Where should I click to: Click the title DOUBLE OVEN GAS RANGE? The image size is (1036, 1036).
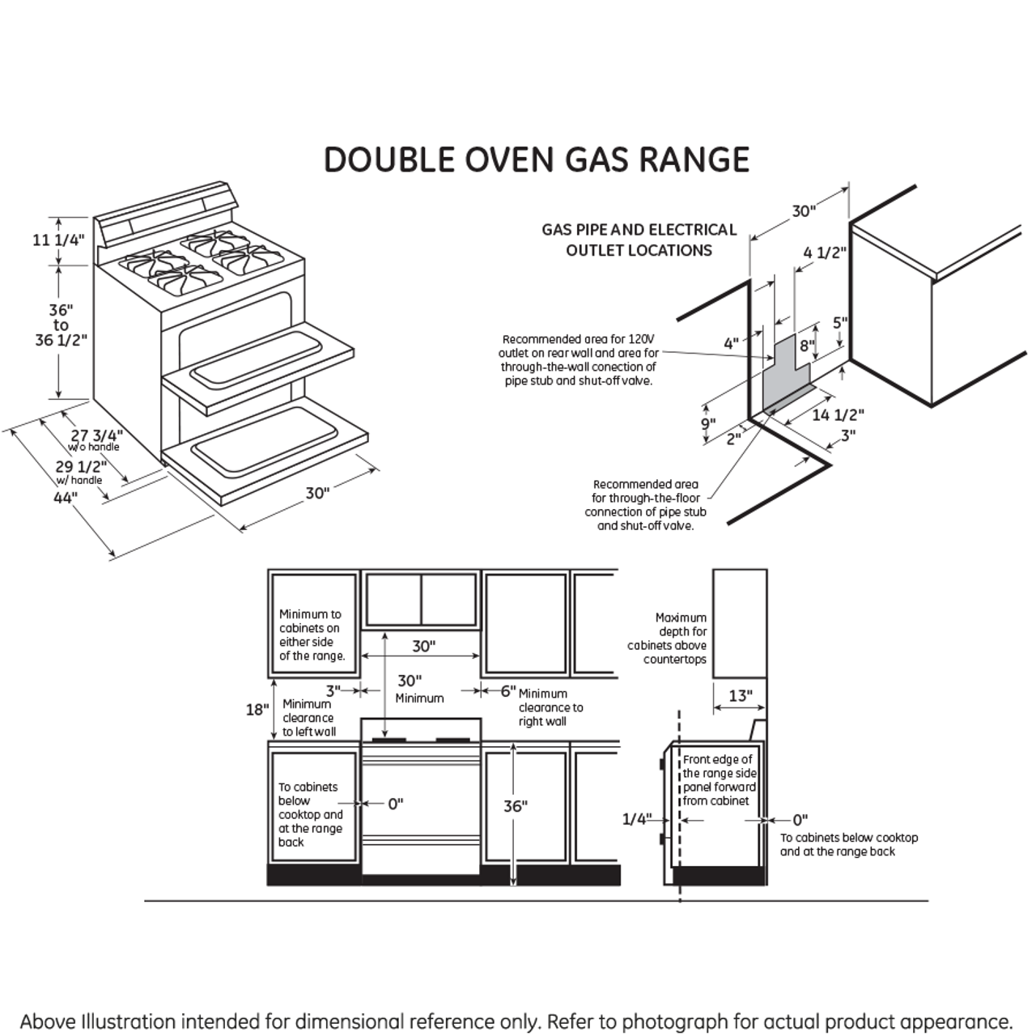(536, 159)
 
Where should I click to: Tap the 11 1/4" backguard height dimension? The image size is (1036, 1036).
(58, 240)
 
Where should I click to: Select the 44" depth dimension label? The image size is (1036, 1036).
(65, 498)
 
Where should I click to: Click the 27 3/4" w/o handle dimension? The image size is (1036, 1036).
(96, 436)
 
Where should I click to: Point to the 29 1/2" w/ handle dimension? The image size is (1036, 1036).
(81, 467)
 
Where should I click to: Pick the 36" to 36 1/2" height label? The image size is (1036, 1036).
(61, 325)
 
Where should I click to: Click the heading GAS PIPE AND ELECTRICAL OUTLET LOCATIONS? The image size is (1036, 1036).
(639, 240)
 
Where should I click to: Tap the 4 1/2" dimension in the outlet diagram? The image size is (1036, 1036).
(824, 253)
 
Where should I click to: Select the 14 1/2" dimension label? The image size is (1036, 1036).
(838, 415)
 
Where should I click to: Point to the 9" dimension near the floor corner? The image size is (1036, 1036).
(708, 424)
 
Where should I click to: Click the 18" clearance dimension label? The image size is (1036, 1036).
(257, 710)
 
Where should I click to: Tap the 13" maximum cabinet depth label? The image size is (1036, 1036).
(740, 695)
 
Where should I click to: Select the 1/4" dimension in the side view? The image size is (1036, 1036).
(636, 819)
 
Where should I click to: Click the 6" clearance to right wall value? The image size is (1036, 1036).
(507, 690)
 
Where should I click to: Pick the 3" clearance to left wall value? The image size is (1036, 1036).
(333, 690)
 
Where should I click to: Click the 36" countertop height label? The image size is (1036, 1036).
(515, 806)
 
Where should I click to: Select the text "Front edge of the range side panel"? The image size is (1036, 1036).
(719, 773)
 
